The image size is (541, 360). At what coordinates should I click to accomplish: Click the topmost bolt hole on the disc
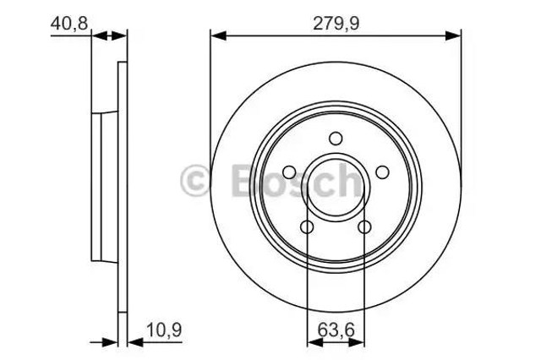click(x=336, y=139)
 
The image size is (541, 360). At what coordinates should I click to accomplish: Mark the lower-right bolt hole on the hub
click(x=364, y=226)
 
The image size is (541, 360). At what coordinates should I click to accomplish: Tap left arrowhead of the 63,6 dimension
click(x=312, y=343)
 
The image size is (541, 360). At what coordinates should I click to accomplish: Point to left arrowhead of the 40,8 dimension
click(x=96, y=35)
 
